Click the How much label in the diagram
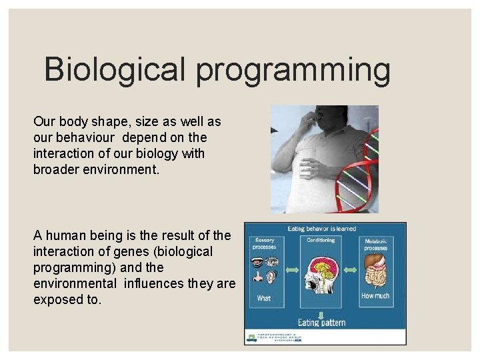coord(375,295)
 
